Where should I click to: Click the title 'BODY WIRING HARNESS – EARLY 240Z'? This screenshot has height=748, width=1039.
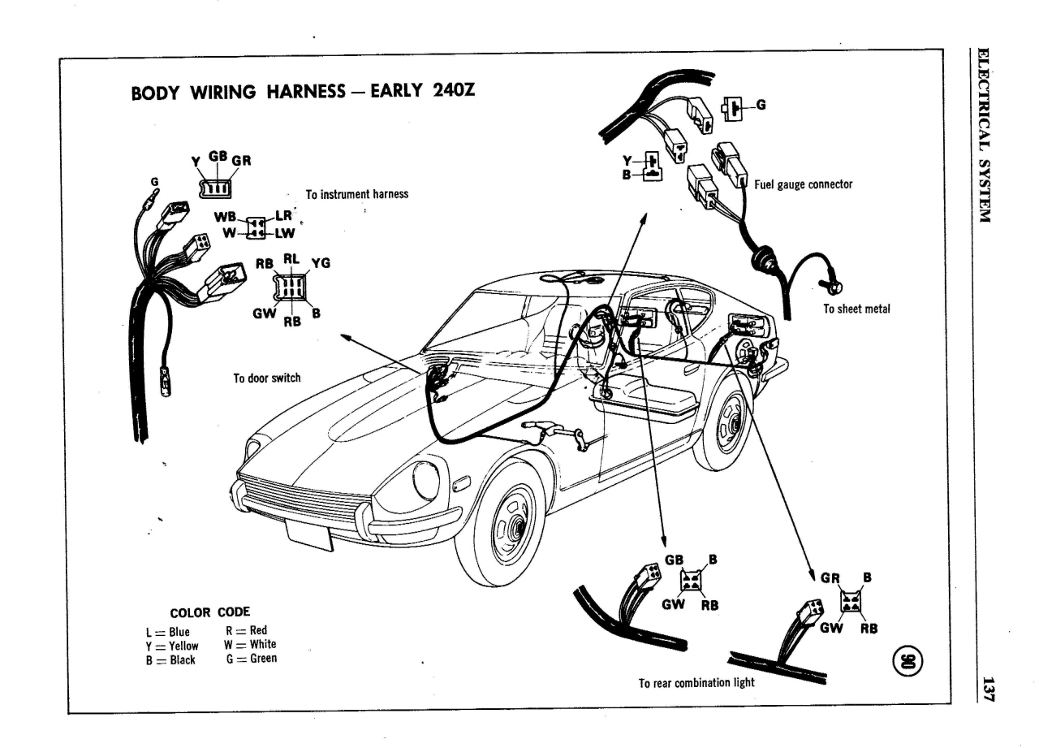tap(304, 91)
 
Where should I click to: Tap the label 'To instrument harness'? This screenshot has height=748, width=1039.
tap(356, 194)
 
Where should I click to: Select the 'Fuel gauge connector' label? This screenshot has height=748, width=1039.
tap(804, 184)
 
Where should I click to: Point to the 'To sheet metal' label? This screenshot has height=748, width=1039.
tap(856, 309)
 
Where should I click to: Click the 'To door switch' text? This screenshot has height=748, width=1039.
tap(267, 378)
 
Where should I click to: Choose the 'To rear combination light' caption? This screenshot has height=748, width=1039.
tap(696, 682)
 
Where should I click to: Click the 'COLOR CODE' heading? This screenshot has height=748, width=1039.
tap(209, 612)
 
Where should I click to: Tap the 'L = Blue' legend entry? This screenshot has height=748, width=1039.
tap(167, 632)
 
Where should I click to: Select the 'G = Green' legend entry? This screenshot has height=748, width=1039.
tap(252, 659)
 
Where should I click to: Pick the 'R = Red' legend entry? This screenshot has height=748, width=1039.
tap(246, 630)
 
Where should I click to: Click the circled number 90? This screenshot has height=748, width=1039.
tap(908, 661)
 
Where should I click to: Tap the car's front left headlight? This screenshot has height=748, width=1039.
tap(426, 481)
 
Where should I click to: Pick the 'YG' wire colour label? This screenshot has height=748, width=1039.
tap(321, 263)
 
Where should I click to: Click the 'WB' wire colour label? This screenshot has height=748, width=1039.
tap(226, 217)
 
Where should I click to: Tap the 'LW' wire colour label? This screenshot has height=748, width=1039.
tap(285, 233)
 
